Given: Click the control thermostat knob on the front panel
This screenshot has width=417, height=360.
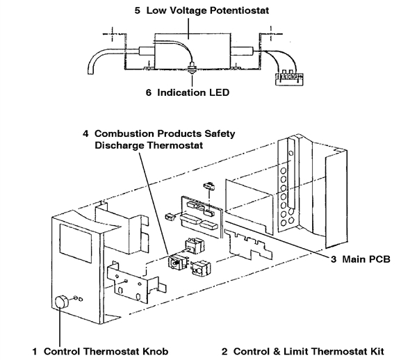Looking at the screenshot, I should click(x=61, y=302).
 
